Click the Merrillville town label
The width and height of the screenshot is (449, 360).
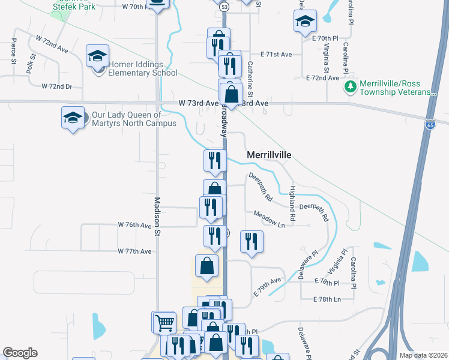[x=269, y=155]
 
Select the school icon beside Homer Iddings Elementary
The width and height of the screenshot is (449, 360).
[x=97, y=56]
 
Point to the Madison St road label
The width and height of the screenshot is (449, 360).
[x=158, y=216]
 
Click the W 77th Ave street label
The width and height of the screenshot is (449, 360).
[x=134, y=251]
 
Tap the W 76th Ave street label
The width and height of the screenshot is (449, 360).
[x=134, y=226]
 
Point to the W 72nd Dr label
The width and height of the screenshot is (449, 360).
[x=57, y=86]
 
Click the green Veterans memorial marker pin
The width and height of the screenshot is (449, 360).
[x=350, y=88]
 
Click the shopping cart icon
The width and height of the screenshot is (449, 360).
[x=164, y=322]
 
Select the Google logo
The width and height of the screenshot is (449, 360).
[x=20, y=353]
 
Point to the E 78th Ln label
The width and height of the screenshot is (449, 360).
[x=327, y=299]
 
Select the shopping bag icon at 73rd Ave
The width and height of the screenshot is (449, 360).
[x=231, y=94]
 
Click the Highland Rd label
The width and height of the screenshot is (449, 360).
[x=292, y=203]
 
